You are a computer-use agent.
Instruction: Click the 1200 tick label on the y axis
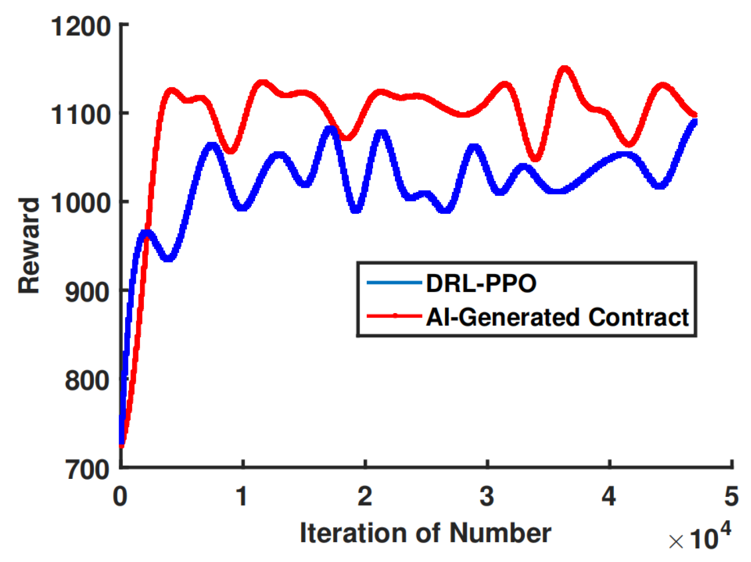pyautogui.click(x=81, y=26)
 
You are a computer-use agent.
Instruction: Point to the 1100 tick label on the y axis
pyautogui.click(x=81, y=115)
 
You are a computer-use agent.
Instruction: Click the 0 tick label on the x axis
pyautogui.click(x=120, y=496)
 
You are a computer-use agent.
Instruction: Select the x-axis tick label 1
pyautogui.click(x=242, y=496)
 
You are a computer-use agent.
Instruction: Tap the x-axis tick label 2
pyautogui.click(x=365, y=496)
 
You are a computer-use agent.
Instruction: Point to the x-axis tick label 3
pyautogui.click(x=487, y=496)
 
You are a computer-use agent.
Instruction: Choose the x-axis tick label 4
pyautogui.click(x=609, y=496)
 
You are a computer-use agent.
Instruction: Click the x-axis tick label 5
pyautogui.click(x=731, y=496)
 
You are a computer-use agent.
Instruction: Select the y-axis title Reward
pyautogui.click(x=29, y=246)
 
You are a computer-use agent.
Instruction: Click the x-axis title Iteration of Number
pyautogui.click(x=425, y=533)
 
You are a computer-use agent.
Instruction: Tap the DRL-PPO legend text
pyautogui.click(x=481, y=283)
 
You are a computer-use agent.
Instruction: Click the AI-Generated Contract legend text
pyautogui.click(x=557, y=317)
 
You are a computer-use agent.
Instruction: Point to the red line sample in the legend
pyautogui.click(x=394, y=316)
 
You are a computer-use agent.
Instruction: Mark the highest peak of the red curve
pyautogui.click(x=564, y=69)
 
